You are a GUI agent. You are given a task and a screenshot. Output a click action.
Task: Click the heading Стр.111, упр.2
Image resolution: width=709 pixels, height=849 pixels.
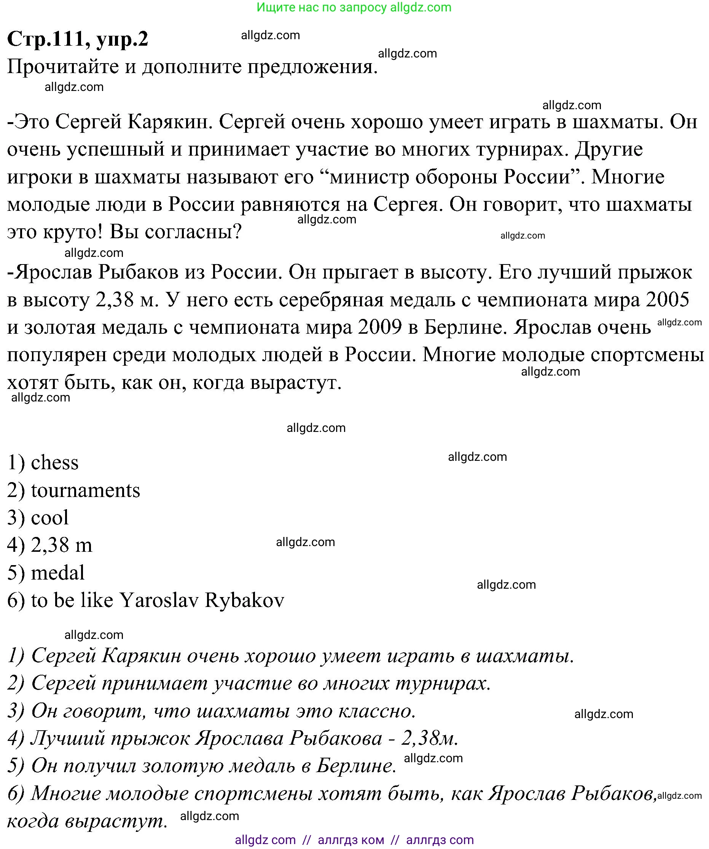coord(78,39)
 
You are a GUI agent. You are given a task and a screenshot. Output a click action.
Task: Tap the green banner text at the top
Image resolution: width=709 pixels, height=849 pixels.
coord(354,7)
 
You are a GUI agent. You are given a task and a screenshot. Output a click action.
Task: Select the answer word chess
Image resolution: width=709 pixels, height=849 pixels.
coord(54,462)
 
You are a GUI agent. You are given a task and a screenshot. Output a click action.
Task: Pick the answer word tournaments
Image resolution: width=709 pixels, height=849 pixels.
coord(85,490)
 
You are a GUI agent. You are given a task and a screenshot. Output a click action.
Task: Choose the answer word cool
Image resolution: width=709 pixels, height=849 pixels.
coord(50,518)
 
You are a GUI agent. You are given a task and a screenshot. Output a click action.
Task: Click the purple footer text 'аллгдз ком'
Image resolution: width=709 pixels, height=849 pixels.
coord(351,840)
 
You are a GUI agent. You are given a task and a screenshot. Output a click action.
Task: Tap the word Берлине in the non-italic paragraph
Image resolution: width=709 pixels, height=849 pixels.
coord(465,327)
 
